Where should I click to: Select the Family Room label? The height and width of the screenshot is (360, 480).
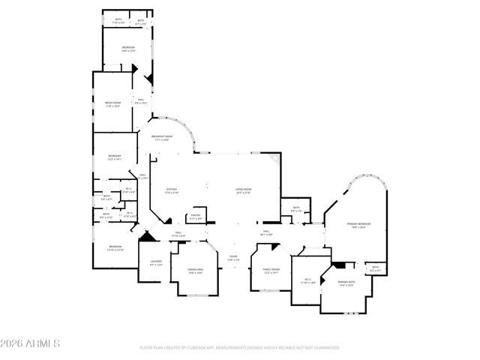[x=270, y=270]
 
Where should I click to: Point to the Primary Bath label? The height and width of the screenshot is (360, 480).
[x=346, y=284]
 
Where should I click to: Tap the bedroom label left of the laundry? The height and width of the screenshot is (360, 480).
[x=114, y=248]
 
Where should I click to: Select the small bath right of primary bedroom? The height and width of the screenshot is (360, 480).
[x=376, y=268]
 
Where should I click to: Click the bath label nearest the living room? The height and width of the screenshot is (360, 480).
[x=296, y=210]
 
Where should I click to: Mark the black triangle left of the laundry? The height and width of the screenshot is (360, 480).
[x=148, y=236]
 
